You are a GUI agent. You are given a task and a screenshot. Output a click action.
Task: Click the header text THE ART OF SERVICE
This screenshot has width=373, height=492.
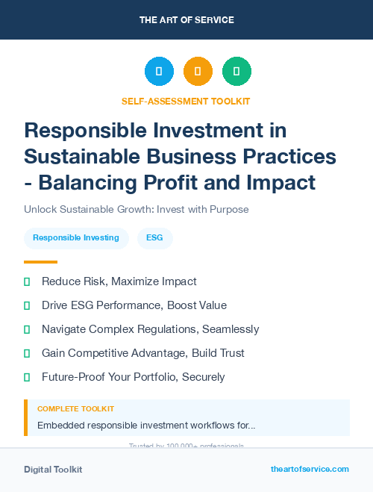tap(186, 19)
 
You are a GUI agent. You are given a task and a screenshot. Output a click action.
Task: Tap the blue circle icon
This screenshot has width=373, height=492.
tap(159, 72)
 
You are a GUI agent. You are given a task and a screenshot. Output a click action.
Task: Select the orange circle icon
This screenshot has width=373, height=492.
tap(198, 72)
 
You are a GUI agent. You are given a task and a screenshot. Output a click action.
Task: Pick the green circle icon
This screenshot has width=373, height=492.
tap(236, 72)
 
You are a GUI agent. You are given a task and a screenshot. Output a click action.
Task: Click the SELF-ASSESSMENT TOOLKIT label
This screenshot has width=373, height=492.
tap(186, 101)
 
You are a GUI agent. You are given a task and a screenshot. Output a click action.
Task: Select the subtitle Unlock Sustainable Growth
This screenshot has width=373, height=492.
tap(136, 209)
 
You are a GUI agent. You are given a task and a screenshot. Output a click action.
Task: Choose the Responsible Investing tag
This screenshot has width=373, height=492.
tap(76, 238)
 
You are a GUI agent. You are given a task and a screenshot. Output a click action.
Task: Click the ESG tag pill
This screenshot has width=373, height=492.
tap(154, 238)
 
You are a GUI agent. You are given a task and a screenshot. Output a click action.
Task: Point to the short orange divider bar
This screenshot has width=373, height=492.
tap(40, 262)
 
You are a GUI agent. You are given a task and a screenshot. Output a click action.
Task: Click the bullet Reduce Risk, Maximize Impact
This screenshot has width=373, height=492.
tap(119, 281)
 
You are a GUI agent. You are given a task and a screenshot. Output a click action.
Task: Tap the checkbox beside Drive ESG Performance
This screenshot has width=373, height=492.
tap(27, 305)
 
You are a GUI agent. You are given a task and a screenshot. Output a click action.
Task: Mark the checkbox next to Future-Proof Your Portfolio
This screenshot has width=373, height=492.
tap(27, 377)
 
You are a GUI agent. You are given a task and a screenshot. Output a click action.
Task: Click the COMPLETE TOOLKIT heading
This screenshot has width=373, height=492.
tap(75, 409)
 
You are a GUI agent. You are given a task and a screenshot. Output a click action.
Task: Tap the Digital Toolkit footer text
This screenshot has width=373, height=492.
tap(53, 470)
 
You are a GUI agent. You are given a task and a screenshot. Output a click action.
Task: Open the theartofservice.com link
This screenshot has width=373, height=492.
tap(310, 469)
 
